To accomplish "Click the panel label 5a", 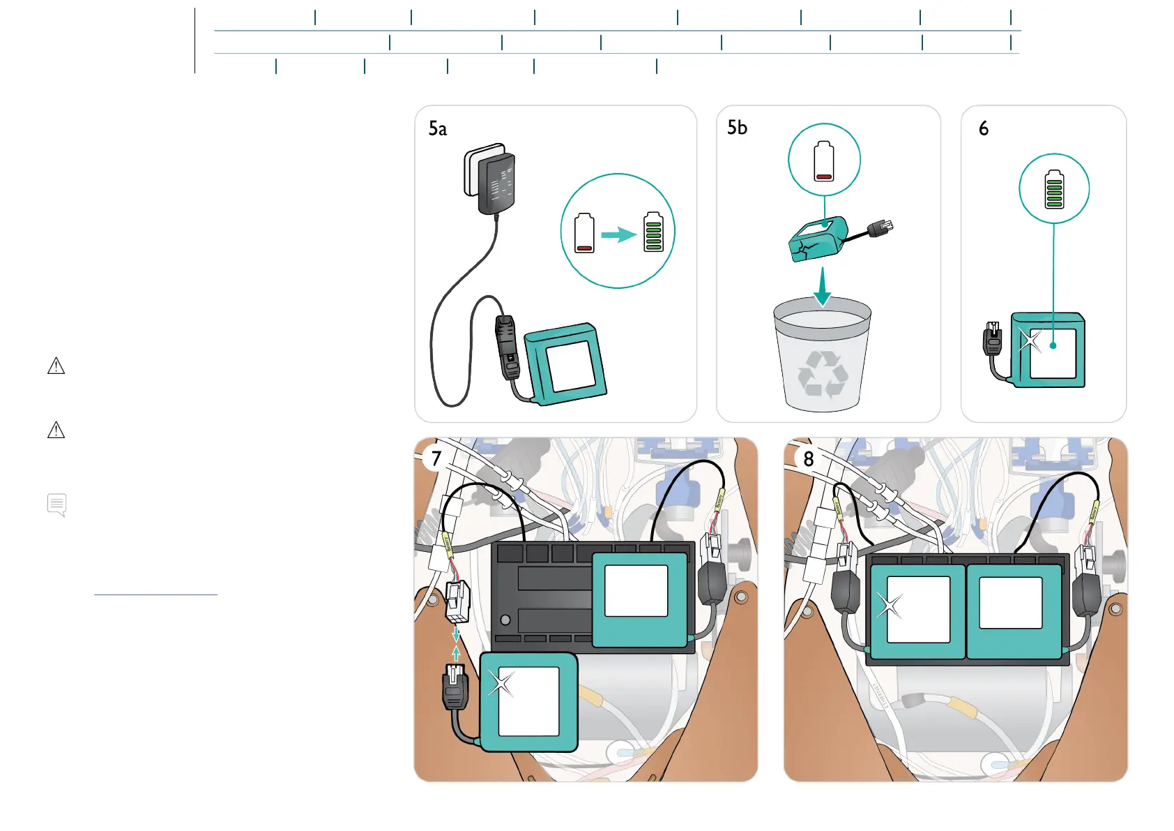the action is [438, 129].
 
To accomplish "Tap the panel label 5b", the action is [737, 128].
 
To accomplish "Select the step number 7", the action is [436, 458].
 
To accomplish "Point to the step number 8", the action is [808, 459].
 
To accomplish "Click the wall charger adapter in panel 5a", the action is [491, 179].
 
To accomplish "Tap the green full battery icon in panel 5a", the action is [653, 232].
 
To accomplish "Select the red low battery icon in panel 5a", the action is [584, 233].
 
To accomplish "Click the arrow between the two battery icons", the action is [618, 234].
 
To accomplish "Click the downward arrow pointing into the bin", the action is [823, 286].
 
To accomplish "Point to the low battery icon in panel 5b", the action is [824, 160].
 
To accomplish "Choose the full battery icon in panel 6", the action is [1054, 189].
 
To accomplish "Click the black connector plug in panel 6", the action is [992, 340].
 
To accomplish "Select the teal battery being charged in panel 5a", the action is [566, 364].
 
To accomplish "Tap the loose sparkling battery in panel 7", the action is [528, 702].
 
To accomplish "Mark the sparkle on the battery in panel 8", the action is [890, 606].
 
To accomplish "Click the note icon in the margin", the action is [57, 504].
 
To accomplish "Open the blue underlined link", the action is [155, 592].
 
